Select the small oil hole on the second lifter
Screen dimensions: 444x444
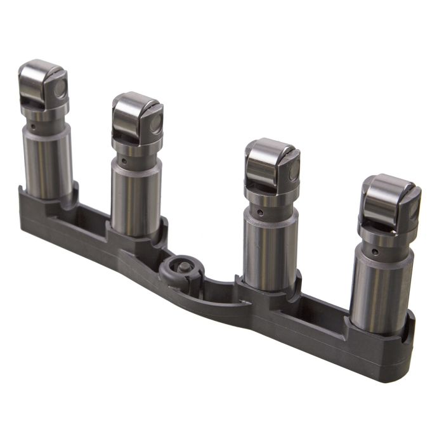click(x=125, y=160)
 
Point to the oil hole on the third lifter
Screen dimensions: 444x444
click(x=259, y=211)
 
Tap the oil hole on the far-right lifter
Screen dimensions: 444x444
click(x=376, y=251)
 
